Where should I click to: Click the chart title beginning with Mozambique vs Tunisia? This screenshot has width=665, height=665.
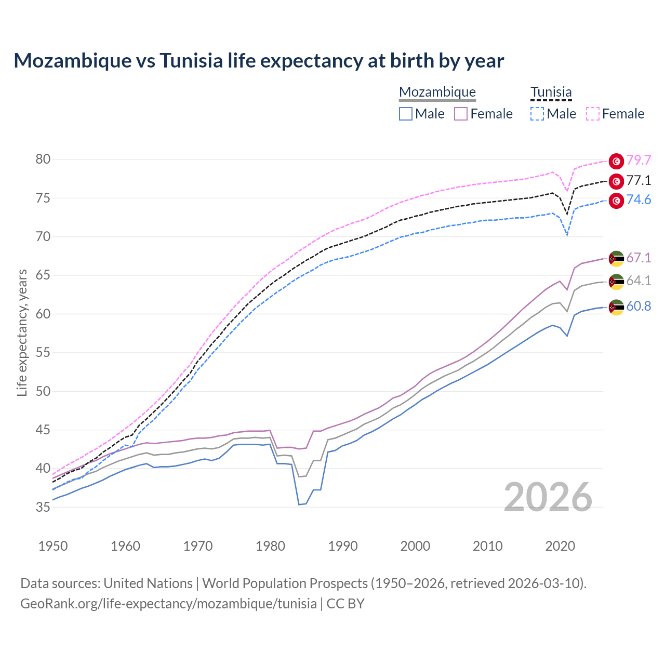[259, 61]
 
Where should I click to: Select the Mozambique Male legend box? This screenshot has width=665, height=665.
[406, 114]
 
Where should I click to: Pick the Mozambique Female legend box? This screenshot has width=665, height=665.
[461, 114]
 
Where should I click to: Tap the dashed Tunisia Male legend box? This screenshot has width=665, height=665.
[537, 114]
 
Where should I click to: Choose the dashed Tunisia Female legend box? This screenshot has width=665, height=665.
[592, 114]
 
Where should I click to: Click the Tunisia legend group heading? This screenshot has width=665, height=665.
[551, 92]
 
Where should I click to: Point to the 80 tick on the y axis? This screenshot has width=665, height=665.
[43, 159]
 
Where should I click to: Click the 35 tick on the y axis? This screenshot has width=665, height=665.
[43, 507]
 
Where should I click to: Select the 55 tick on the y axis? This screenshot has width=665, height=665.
[43, 353]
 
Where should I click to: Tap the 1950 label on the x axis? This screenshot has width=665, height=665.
[53, 546]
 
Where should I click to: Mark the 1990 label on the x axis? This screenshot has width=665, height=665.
[343, 546]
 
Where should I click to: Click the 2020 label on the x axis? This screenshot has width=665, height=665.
[560, 546]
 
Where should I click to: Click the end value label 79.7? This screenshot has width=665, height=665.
[639, 161]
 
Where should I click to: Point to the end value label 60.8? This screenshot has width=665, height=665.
[639, 307]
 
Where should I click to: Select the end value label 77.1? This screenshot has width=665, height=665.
[639, 181]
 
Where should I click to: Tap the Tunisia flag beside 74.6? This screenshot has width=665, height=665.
[616, 201]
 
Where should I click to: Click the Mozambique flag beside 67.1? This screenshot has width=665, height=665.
[616, 258]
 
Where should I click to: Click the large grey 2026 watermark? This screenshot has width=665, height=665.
[548, 497]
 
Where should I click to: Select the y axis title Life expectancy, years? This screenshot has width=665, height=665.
[22, 332]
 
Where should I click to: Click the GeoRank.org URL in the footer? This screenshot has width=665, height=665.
[168, 604]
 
